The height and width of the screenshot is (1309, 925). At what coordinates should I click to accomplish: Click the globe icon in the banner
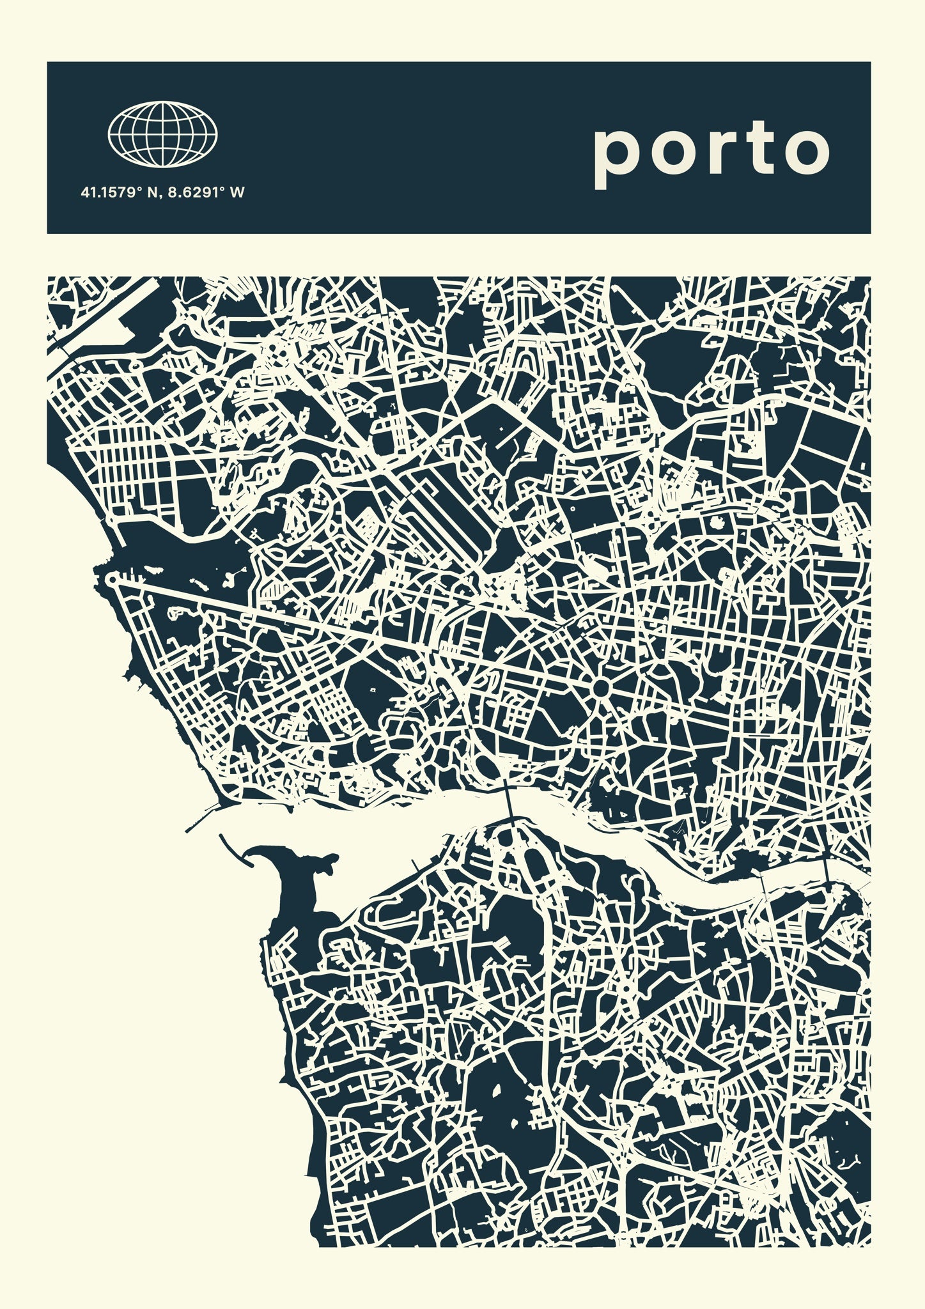pyautogui.click(x=162, y=134)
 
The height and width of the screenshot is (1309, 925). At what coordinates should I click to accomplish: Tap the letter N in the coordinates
pyautogui.click(x=152, y=192)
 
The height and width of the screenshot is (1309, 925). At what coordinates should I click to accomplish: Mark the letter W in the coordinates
pyautogui.click(x=238, y=192)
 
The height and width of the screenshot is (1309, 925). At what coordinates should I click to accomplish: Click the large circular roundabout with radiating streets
pyautogui.click(x=600, y=688)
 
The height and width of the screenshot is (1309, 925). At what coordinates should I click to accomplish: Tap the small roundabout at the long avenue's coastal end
pyautogui.click(x=113, y=580)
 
